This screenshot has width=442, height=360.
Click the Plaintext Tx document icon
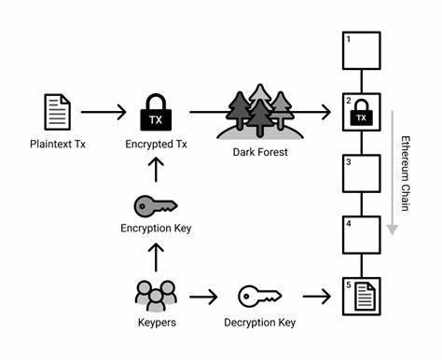pos(58,111)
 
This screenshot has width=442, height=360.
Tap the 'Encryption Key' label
pos(156,229)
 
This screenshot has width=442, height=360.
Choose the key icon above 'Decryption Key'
pos(259,297)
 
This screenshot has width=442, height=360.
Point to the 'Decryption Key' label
pos(260,323)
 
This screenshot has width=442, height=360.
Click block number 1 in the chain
pos(362,50)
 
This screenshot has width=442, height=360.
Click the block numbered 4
pos(362,236)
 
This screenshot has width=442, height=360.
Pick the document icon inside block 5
pos(365,298)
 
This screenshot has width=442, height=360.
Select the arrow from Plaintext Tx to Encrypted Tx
pos(104,112)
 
